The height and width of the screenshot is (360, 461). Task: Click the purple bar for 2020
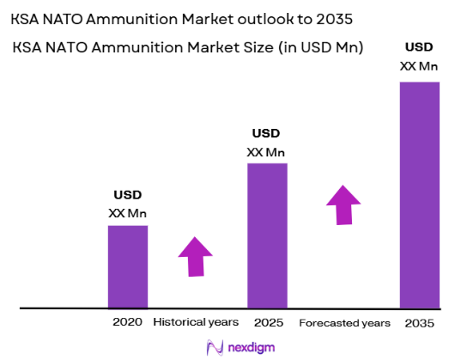coord(127,265)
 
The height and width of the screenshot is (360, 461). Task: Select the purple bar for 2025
coord(267,235)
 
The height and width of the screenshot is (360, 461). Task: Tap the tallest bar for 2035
coord(420,194)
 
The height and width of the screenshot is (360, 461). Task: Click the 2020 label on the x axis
coord(127,322)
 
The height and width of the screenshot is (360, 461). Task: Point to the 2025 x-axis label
coord(268,322)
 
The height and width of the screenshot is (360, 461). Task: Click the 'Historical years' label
coord(196,322)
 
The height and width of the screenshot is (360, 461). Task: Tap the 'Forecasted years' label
coord(344,323)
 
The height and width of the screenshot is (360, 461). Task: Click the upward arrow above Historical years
coord(195,255)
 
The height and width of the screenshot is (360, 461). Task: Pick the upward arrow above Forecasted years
coord(343,205)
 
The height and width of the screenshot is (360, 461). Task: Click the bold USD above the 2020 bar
coord(127,195)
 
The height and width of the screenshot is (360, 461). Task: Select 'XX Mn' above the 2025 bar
coord(266,152)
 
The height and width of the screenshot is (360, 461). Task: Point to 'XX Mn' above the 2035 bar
coord(420,65)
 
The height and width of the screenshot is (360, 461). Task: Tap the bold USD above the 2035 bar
coord(420,47)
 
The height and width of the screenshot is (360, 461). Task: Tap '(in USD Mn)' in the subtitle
coord(317,49)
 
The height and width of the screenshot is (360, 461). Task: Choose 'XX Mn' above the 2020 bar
coord(127,212)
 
